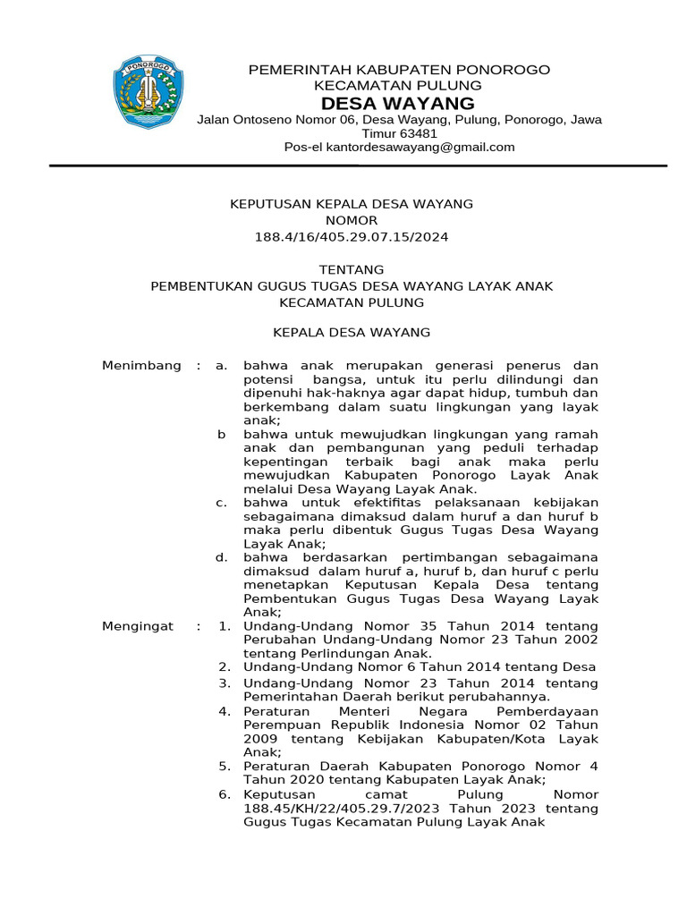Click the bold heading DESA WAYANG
pos(398,103)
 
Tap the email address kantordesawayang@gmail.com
pos(420,147)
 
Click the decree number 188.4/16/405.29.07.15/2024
pos(352,237)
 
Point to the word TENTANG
pos(352,269)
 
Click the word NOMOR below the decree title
pos(352,220)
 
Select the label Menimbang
pos(141,365)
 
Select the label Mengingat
pos(138,626)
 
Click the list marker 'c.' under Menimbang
pos(221,503)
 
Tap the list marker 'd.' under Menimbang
pos(221,557)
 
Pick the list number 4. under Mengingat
pos(225,711)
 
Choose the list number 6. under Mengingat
pos(225,793)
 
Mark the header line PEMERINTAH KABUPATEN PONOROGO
pos(398,70)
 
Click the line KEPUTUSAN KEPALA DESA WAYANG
pos(352,204)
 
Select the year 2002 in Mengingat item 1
pos(578,640)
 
